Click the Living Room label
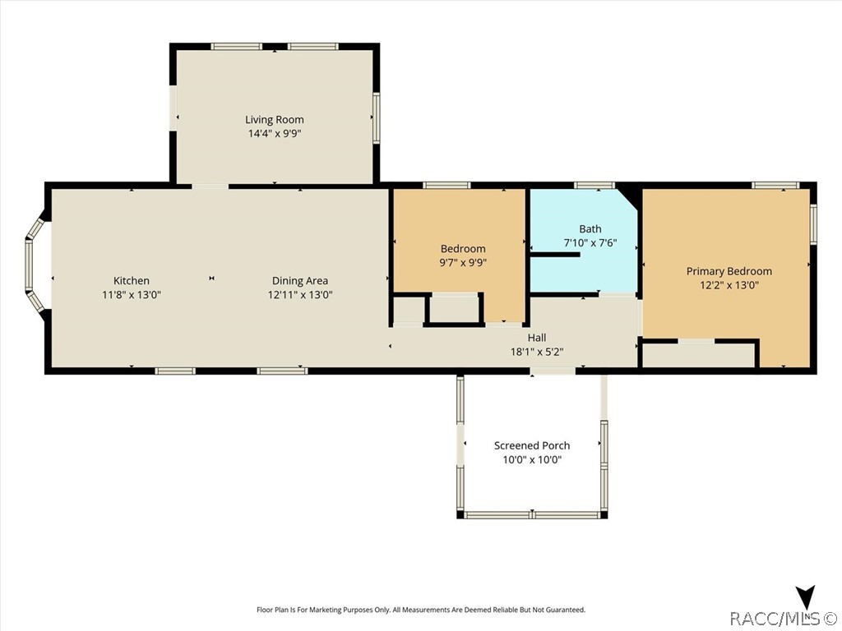pyautogui.click(x=275, y=120)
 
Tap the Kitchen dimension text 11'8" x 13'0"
pyautogui.click(x=132, y=295)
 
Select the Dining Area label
pyautogui.click(x=299, y=281)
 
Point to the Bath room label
pyautogui.click(x=590, y=229)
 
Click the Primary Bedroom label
pyautogui.click(x=729, y=271)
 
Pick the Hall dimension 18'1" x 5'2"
pyautogui.click(x=537, y=352)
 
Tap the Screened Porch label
pyautogui.click(x=532, y=445)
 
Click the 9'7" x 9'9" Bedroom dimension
pyautogui.click(x=463, y=262)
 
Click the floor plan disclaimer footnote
pyautogui.click(x=421, y=610)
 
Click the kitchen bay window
pyautogui.click(x=35, y=265)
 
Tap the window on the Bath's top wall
pyautogui.click(x=594, y=186)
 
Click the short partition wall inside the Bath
pyautogui.click(x=555, y=255)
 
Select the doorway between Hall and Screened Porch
pyautogui.click(x=553, y=371)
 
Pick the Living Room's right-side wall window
pyautogui.click(x=377, y=118)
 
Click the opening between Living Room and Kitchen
pyautogui.click(x=210, y=187)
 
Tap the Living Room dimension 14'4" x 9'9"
pyautogui.click(x=275, y=134)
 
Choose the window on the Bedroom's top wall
pyautogui.click(x=446, y=186)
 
